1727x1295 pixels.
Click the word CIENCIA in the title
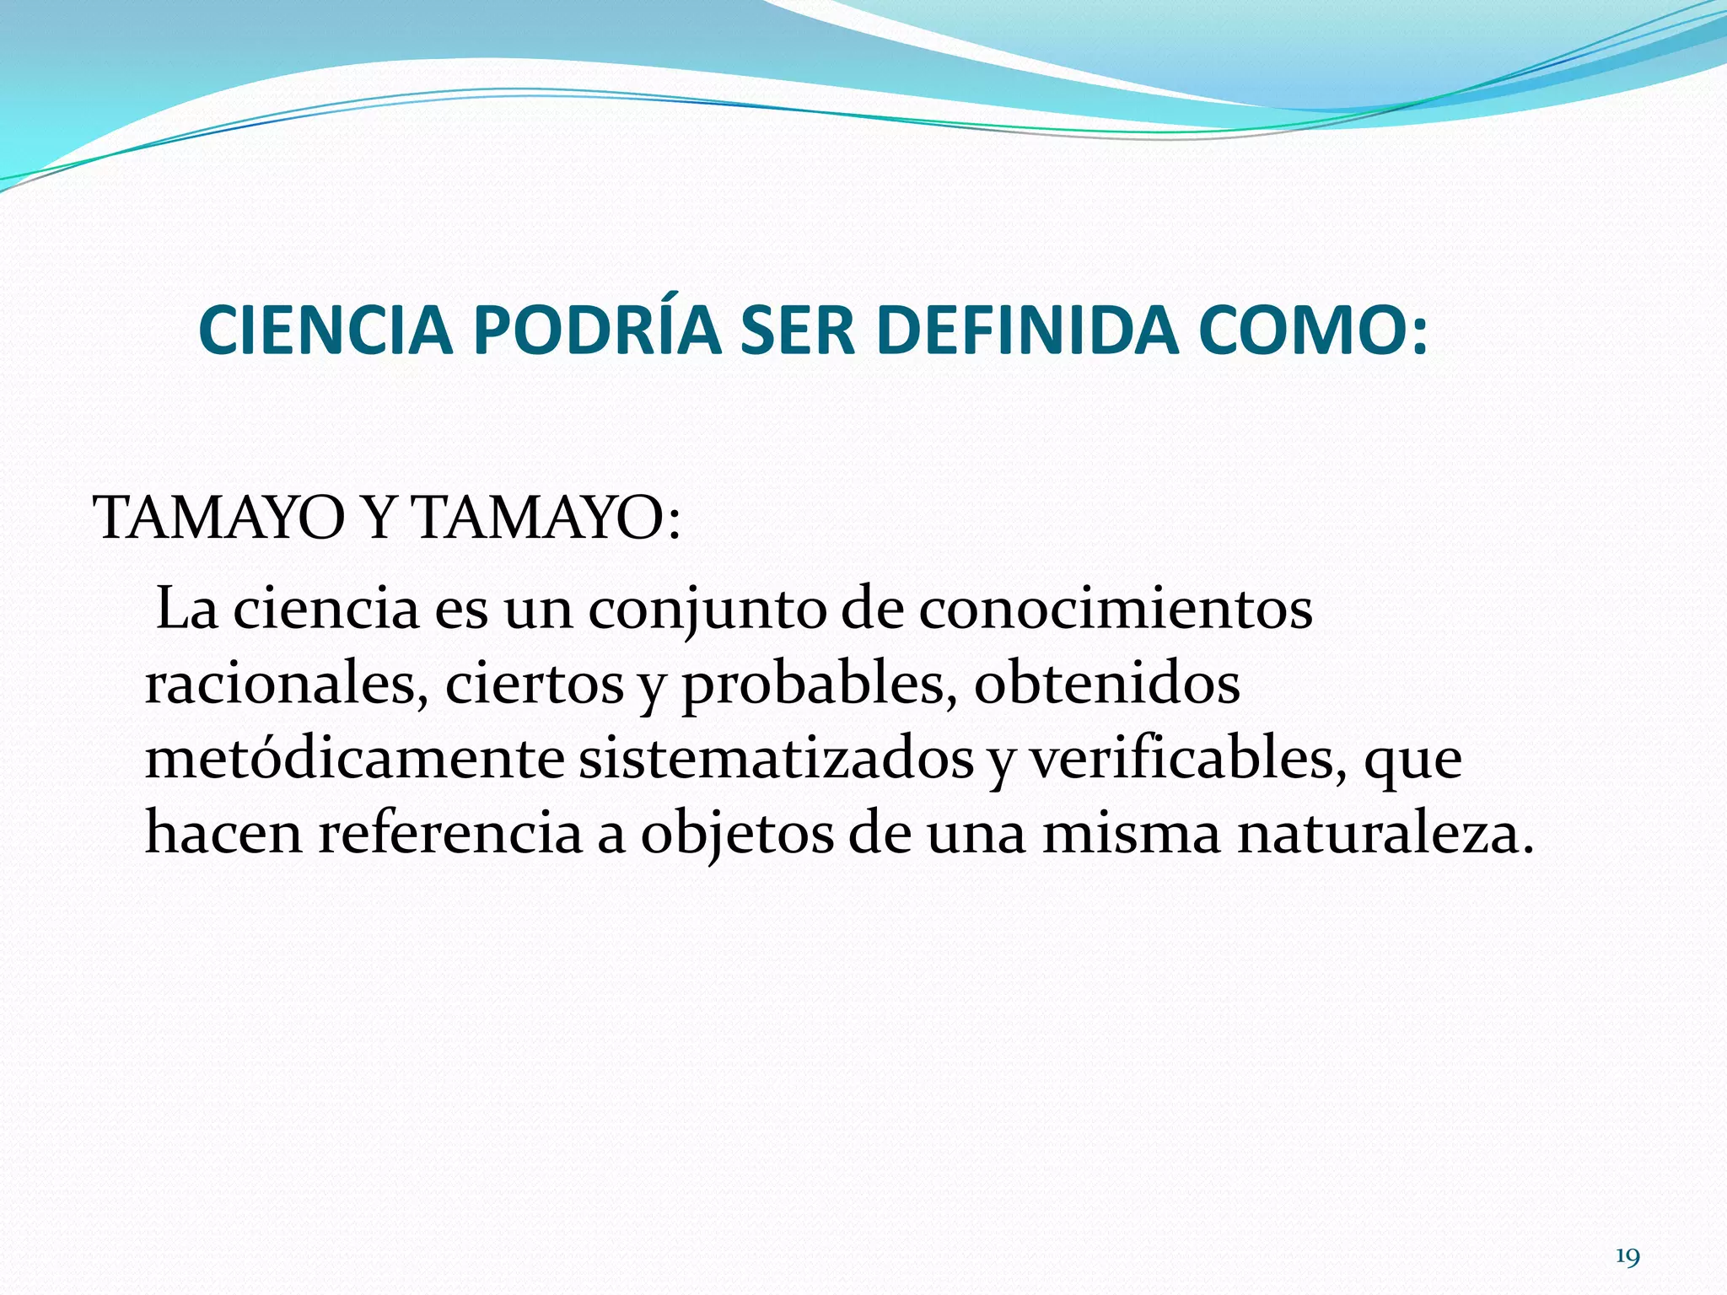[x=325, y=330]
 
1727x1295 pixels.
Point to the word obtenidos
[x=1106, y=684]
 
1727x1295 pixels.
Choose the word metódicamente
[x=354, y=759]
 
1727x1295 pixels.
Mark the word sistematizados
[x=776, y=759]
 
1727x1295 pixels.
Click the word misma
[x=1131, y=834]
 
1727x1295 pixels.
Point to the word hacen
[x=223, y=834]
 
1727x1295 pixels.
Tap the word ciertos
[x=534, y=684]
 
